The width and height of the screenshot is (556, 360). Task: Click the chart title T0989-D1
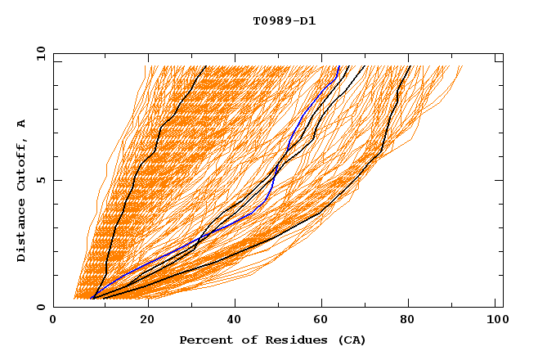click(x=284, y=20)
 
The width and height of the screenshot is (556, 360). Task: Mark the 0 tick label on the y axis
click(x=41, y=307)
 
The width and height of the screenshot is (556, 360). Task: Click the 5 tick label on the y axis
click(x=41, y=180)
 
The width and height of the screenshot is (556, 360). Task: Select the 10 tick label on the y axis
click(x=38, y=52)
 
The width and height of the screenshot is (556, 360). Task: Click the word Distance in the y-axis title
click(x=22, y=232)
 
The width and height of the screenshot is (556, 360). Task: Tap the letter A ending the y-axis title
click(x=22, y=124)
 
